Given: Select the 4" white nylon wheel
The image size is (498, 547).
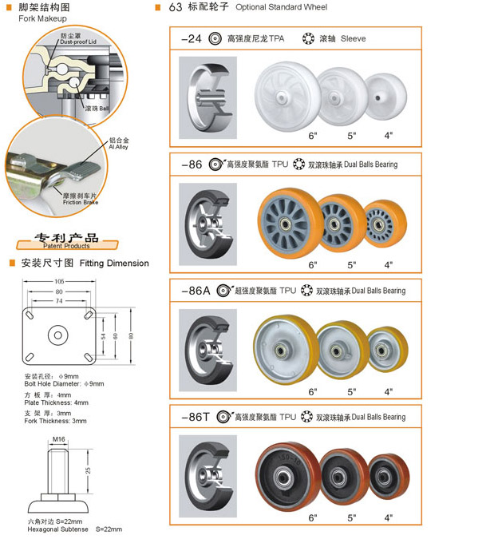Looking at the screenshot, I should click(x=386, y=93).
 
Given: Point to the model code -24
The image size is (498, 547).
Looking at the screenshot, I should click(x=192, y=38).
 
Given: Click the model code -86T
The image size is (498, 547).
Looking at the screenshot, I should click(x=196, y=416).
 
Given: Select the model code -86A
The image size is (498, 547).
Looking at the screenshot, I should click(x=196, y=291).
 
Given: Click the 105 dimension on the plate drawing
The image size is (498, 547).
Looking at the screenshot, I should click(x=60, y=281).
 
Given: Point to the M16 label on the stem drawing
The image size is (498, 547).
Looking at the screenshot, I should click(x=58, y=439).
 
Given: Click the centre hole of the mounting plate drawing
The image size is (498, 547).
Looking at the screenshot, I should click(x=60, y=334).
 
